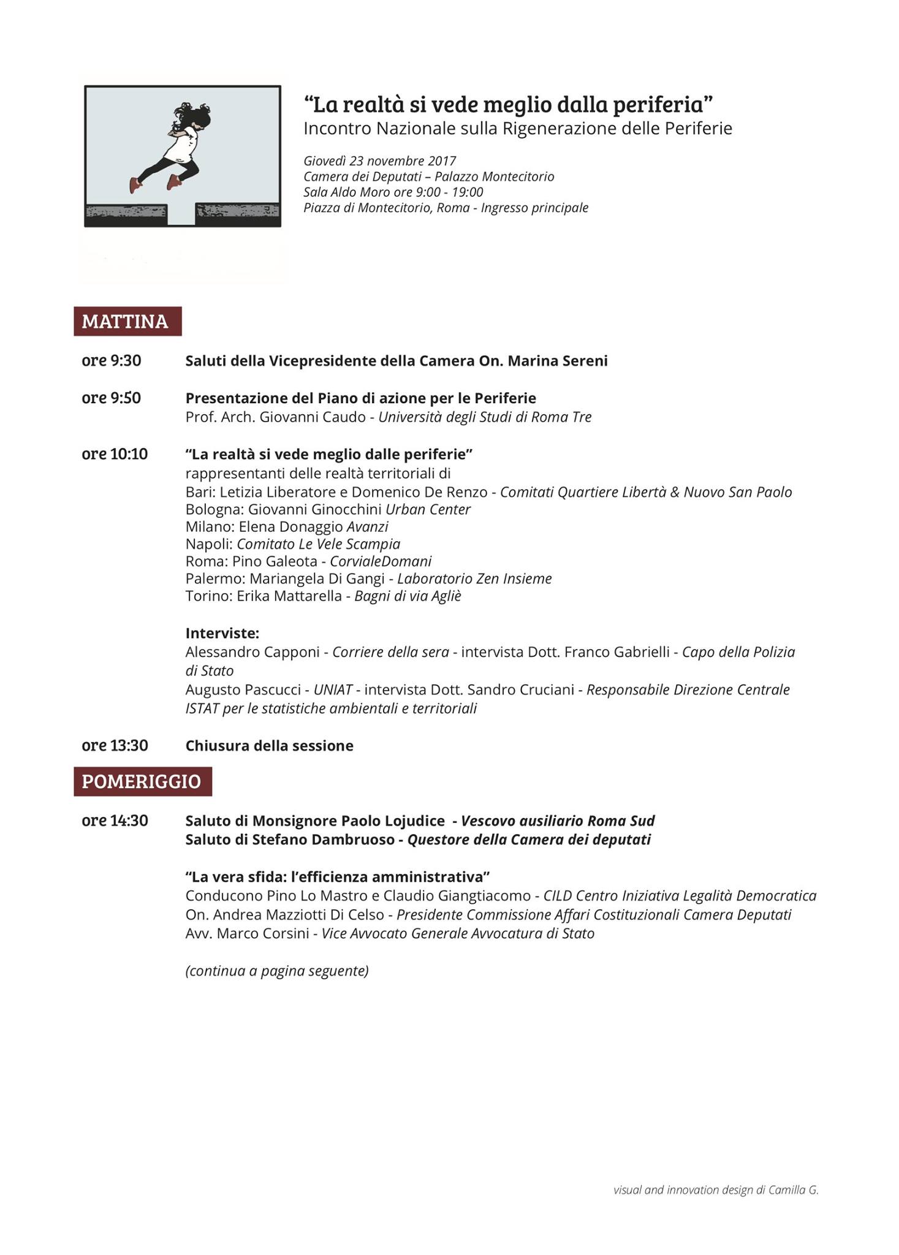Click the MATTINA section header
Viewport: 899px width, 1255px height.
pos(127,321)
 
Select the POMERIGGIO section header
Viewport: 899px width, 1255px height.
pos(142,781)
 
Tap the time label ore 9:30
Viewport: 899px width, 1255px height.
pos(112,361)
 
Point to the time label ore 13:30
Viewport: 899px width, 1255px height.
pos(115,746)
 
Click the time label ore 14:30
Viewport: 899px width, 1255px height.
pos(115,821)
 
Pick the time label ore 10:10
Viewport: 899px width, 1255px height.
pos(115,454)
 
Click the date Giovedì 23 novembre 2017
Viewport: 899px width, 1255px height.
pos(380,161)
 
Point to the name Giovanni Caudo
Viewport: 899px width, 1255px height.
pos(313,417)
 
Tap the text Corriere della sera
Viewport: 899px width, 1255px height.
pos(390,652)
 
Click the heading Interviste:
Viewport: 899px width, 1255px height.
pos(222,633)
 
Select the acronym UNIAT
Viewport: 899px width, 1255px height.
pos(333,690)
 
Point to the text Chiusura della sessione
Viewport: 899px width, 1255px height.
pos(270,746)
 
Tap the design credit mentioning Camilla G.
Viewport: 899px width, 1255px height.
pos(716,1190)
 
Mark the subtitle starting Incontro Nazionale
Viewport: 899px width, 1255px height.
pos(518,129)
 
